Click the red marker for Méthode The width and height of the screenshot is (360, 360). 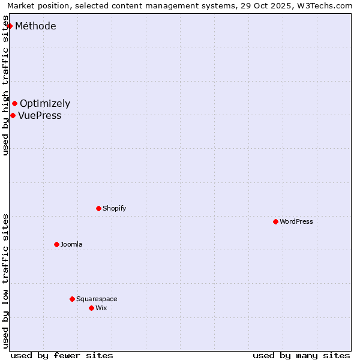[x=10, y=26]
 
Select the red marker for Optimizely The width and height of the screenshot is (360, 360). [x=14, y=104]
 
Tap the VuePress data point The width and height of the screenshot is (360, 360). [x=13, y=115]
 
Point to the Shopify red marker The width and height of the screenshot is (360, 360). [x=98, y=208]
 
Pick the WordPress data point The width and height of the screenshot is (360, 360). [x=275, y=221]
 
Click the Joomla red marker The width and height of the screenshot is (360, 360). [x=56, y=244]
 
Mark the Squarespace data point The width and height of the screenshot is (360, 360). [x=72, y=299]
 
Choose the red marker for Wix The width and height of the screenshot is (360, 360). [x=91, y=308]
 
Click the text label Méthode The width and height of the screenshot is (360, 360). [x=35, y=26]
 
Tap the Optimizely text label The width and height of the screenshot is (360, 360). [x=45, y=104]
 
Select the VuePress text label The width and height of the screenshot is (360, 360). [x=40, y=115]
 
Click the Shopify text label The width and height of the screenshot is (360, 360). [x=114, y=208]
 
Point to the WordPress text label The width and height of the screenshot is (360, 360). [x=296, y=221]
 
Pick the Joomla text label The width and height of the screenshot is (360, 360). [x=71, y=244]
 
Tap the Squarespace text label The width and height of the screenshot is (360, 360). [x=97, y=299]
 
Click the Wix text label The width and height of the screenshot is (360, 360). [x=101, y=308]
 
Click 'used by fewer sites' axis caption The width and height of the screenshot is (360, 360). [x=62, y=355]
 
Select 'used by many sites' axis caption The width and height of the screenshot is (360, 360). [x=301, y=355]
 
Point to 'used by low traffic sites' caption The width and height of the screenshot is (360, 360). [x=6, y=281]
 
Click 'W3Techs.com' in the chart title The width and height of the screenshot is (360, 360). [x=325, y=6]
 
